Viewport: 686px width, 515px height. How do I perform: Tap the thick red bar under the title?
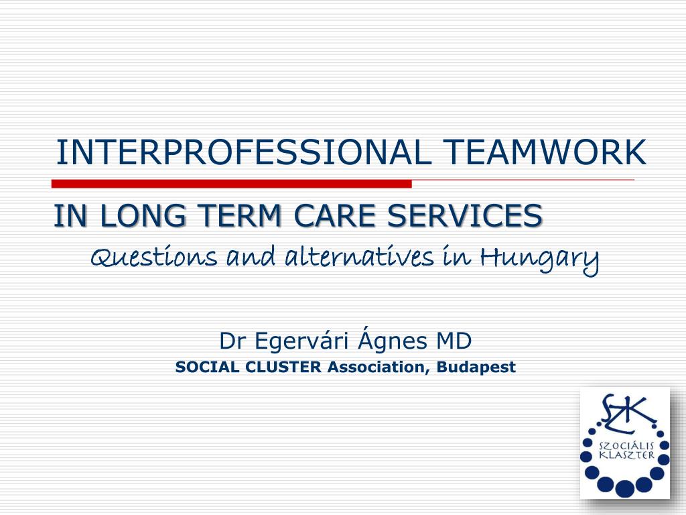click(232, 184)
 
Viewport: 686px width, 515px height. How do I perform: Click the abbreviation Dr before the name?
click(230, 341)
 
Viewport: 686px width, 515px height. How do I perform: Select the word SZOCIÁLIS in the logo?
click(626, 445)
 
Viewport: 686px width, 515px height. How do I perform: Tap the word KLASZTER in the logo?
click(626, 455)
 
